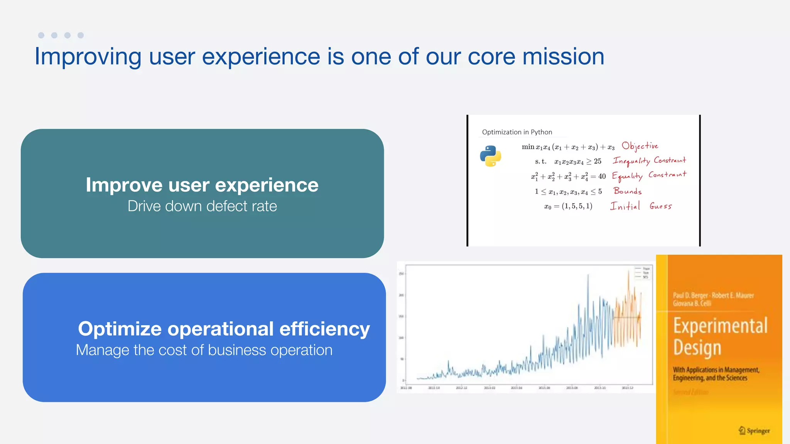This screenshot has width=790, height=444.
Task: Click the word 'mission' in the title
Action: point(563,57)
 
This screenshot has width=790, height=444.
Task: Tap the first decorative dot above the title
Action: point(41,35)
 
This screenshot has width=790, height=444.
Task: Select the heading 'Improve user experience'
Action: point(202,185)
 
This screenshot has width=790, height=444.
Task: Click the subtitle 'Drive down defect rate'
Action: point(202,206)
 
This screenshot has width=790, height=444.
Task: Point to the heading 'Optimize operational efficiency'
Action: point(224,329)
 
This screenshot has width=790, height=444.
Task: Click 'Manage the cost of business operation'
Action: point(204,350)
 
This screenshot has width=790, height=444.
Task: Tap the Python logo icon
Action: point(490,156)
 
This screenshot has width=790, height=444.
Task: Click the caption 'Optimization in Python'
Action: point(517,132)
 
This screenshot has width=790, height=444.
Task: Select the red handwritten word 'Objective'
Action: point(640,146)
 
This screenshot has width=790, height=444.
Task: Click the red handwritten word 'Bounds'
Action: point(628,191)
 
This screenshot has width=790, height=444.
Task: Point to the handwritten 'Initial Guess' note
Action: point(641,206)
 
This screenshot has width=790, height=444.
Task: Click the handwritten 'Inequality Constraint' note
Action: point(649,161)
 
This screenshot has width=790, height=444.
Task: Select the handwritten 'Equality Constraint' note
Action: point(649,176)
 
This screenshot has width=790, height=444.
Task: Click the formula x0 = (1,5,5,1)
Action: point(568,206)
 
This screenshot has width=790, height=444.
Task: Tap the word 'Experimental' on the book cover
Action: point(720,326)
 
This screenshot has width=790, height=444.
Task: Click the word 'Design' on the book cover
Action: point(697,348)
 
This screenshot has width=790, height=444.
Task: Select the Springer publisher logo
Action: point(754,431)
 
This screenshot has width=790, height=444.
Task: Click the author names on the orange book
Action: point(713,299)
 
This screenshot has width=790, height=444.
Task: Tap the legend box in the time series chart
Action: point(643,272)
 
